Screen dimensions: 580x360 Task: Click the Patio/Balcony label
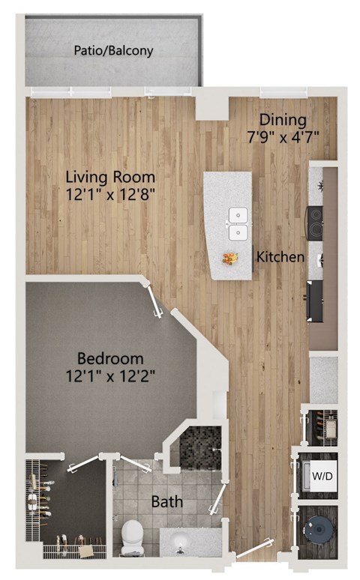pyautogui.click(x=113, y=51)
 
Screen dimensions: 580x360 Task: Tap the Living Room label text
pyautogui.click(x=110, y=178)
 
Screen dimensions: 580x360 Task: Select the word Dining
pyautogui.click(x=282, y=119)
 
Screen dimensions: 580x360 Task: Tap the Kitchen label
pyautogui.click(x=280, y=257)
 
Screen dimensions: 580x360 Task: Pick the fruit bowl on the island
pyautogui.click(x=229, y=259)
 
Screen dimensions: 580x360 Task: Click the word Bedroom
pyautogui.click(x=113, y=359)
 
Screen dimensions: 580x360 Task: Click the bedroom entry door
pyautogui.click(x=155, y=302)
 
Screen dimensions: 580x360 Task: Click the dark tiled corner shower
pyautogui.click(x=199, y=447)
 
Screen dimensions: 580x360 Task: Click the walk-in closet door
pyautogui.click(x=85, y=465)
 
